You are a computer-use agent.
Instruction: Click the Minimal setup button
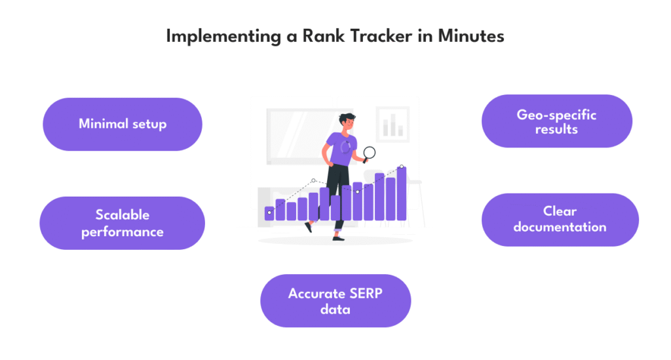123,124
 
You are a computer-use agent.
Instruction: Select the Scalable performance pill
123,223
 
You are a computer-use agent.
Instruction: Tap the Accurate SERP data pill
335,301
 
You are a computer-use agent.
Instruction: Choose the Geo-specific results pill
557,121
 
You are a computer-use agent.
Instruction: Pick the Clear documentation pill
560,220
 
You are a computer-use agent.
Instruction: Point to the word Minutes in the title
470,36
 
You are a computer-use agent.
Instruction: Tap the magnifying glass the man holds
369,153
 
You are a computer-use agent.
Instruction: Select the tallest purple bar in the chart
402,193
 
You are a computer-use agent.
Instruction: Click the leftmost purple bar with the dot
269,214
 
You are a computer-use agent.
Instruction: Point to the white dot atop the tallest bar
402,167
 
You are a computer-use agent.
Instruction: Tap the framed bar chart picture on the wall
393,125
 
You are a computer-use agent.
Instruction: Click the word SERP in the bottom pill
366,294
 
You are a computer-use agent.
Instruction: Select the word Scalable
123,214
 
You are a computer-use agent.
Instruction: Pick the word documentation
560,227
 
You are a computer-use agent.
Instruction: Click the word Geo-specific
556,115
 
